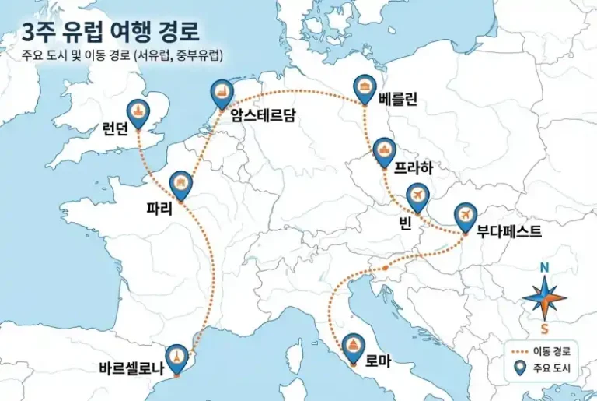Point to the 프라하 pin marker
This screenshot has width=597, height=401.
[x=383, y=151]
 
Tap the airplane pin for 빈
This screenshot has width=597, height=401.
[x=417, y=195]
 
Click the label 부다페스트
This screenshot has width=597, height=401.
[x=509, y=231]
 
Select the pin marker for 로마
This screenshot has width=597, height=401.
[x=353, y=346]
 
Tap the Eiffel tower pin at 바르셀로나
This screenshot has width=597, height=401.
[x=179, y=357]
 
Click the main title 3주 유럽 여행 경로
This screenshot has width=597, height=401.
[x=110, y=32]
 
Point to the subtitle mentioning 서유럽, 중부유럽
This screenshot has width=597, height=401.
[x=124, y=55]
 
